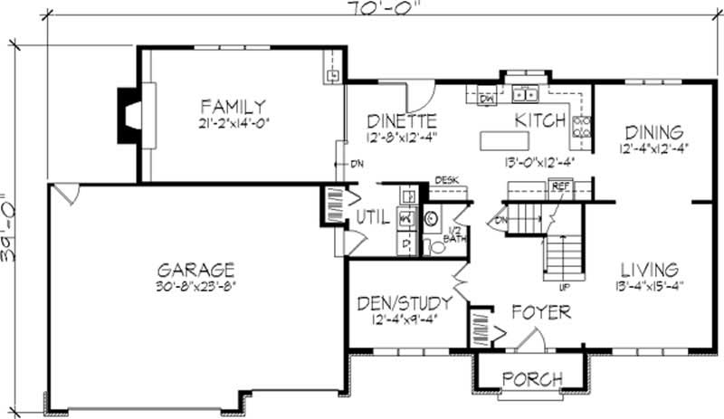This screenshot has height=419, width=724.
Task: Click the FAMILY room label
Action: point(233,106)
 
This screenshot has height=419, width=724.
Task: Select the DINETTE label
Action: point(403,120)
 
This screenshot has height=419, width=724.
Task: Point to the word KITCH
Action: point(540,120)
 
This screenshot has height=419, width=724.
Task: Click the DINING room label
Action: point(653,132)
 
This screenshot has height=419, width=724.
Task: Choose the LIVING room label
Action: point(650,271)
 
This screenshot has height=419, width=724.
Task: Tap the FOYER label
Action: point(540,313)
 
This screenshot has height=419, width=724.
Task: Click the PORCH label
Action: point(532,378)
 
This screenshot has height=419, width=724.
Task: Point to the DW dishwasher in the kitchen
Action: point(487,99)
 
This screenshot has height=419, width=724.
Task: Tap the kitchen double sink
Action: point(524,92)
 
